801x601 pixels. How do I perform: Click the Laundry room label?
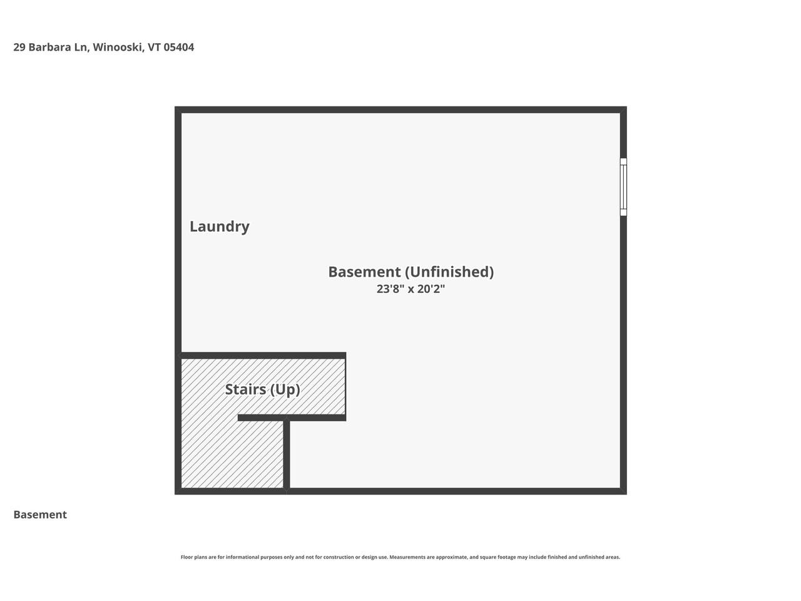tap(219, 226)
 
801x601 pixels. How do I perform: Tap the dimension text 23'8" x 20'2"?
tap(411, 289)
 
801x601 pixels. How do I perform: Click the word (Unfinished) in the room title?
tap(449, 272)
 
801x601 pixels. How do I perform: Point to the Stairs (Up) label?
tap(262, 389)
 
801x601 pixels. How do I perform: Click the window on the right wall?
tap(623, 187)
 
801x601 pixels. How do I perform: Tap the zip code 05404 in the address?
tap(179, 47)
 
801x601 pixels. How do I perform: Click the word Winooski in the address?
tap(118, 47)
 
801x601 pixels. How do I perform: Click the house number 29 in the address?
tap(19, 47)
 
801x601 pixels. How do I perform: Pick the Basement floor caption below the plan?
tap(40, 515)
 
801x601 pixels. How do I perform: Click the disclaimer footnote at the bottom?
tap(400, 557)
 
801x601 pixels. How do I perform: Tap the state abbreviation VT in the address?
tap(155, 47)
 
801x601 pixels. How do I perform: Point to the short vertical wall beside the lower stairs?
tap(287, 454)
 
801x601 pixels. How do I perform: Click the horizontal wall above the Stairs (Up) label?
tap(263, 356)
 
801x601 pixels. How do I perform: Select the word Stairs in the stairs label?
tap(246, 389)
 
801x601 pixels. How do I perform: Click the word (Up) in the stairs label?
tap(285, 389)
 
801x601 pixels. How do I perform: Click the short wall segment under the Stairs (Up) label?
tap(291, 418)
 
